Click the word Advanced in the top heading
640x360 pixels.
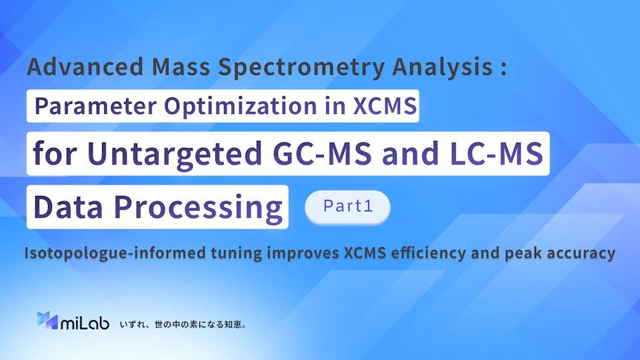(x=85, y=67)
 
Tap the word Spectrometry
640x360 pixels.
(x=301, y=67)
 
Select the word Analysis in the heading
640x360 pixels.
(x=443, y=67)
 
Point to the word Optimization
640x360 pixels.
(x=241, y=106)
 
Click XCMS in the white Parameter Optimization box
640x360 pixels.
(x=385, y=106)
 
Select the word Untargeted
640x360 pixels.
(x=175, y=154)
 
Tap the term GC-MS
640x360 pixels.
(x=322, y=153)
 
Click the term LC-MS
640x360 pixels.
(x=496, y=153)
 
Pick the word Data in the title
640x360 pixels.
(x=68, y=207)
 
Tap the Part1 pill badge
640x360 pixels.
(x=347, y=206)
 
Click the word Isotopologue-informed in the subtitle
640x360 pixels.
(x=115, y=253)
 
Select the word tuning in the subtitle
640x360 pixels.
(x=236, y=253)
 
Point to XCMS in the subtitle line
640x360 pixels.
(x=365, y=253)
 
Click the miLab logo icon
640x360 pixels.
(x=47, y=321)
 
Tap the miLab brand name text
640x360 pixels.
(x=85, y=323)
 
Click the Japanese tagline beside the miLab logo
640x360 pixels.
(x=183, y=325)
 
